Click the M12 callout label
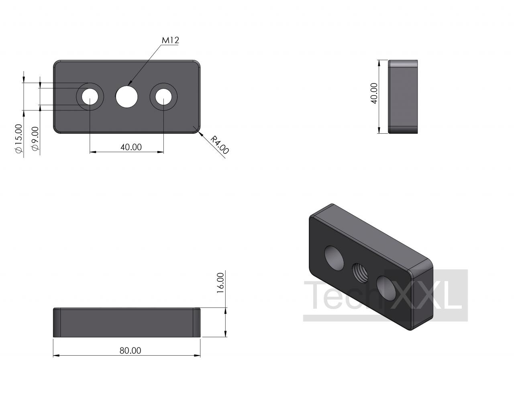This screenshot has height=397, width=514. coord(170,40)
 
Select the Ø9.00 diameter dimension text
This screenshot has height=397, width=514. coord(35,139)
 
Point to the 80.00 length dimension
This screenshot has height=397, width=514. coord(131,350)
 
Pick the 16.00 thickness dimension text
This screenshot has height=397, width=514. coord(220,283)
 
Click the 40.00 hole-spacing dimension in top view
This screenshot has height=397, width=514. coord(131,147)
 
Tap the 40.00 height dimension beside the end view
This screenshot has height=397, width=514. coord(374,93)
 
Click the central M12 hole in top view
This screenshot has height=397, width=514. coord(127,97)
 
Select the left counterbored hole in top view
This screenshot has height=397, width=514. coord(90,97)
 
